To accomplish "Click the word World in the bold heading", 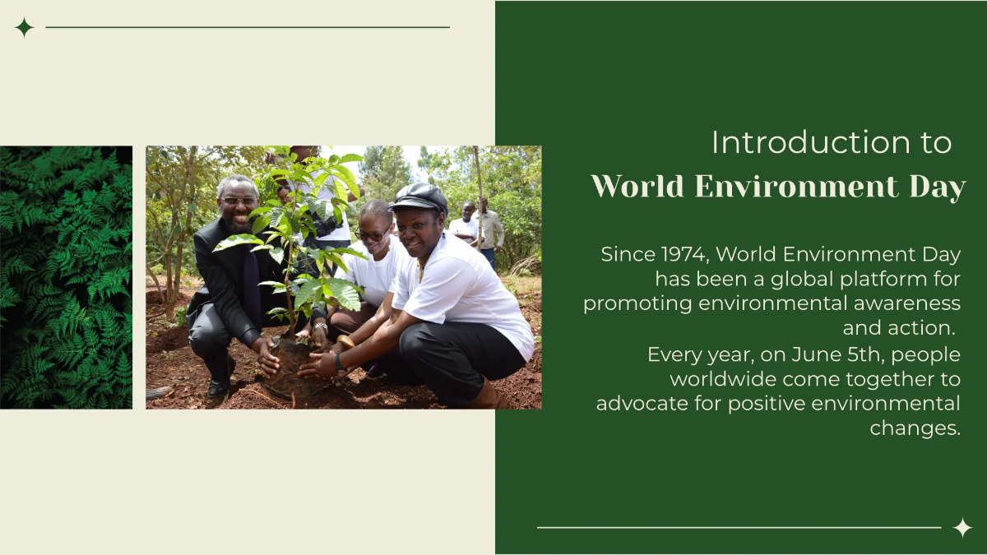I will coord(637,187).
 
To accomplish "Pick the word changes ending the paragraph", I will coord(915,428).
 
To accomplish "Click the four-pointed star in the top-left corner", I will coord(24,28).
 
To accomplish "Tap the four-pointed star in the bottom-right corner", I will coord(962,527).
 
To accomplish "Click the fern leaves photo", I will coord(66,277).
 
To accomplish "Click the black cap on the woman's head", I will coord(419,197).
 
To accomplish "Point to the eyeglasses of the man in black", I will coord(239,201).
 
